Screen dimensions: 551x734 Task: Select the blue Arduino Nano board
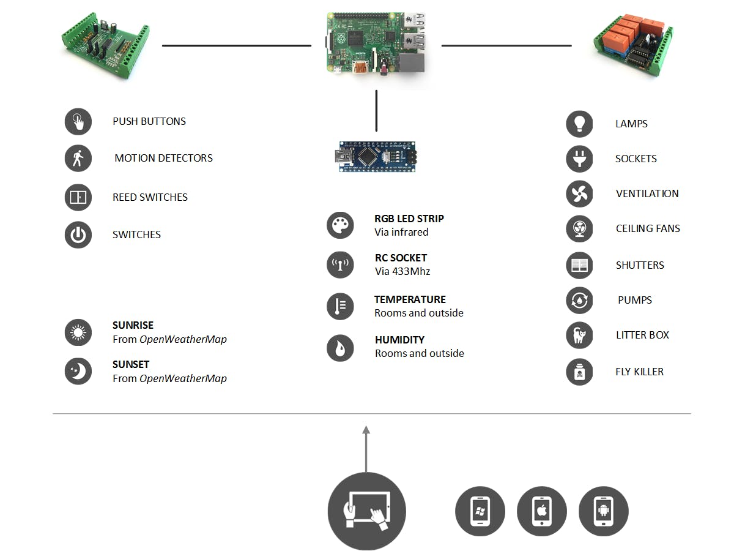pos(376,157)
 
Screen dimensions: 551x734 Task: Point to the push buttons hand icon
pos(78,121)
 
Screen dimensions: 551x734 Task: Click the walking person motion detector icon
pos(78,158)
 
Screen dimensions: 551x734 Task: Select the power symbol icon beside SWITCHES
pos(78,235)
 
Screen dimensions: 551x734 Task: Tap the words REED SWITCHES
pos(150,197)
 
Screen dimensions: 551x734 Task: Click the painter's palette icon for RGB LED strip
pos(340,225)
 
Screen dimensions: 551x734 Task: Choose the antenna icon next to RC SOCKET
pos(340,264)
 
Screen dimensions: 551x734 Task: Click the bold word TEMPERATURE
pos(410,299)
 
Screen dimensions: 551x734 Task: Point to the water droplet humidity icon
pos(340,347)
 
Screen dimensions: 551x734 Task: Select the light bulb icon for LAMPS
pos(579,124)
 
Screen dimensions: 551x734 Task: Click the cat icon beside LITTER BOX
pos(579,335)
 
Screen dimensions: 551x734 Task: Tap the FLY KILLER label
pos(639,372)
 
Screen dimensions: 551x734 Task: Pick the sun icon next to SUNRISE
pos(78,332)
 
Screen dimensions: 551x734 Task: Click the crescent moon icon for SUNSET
pos(78,372)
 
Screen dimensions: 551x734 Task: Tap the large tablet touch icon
pos(366,511)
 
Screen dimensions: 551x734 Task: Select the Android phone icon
pos(603,511)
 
